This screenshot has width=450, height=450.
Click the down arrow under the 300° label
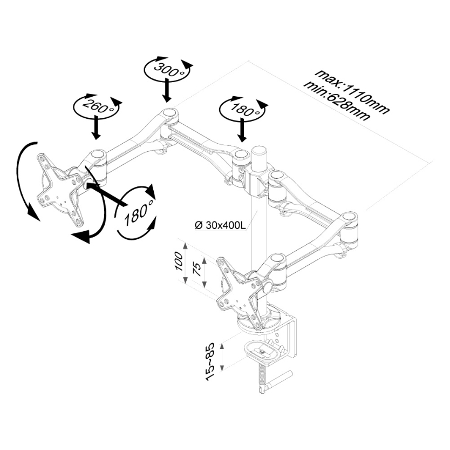[x=167, y=89]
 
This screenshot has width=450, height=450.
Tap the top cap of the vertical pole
[x=259, y=148]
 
